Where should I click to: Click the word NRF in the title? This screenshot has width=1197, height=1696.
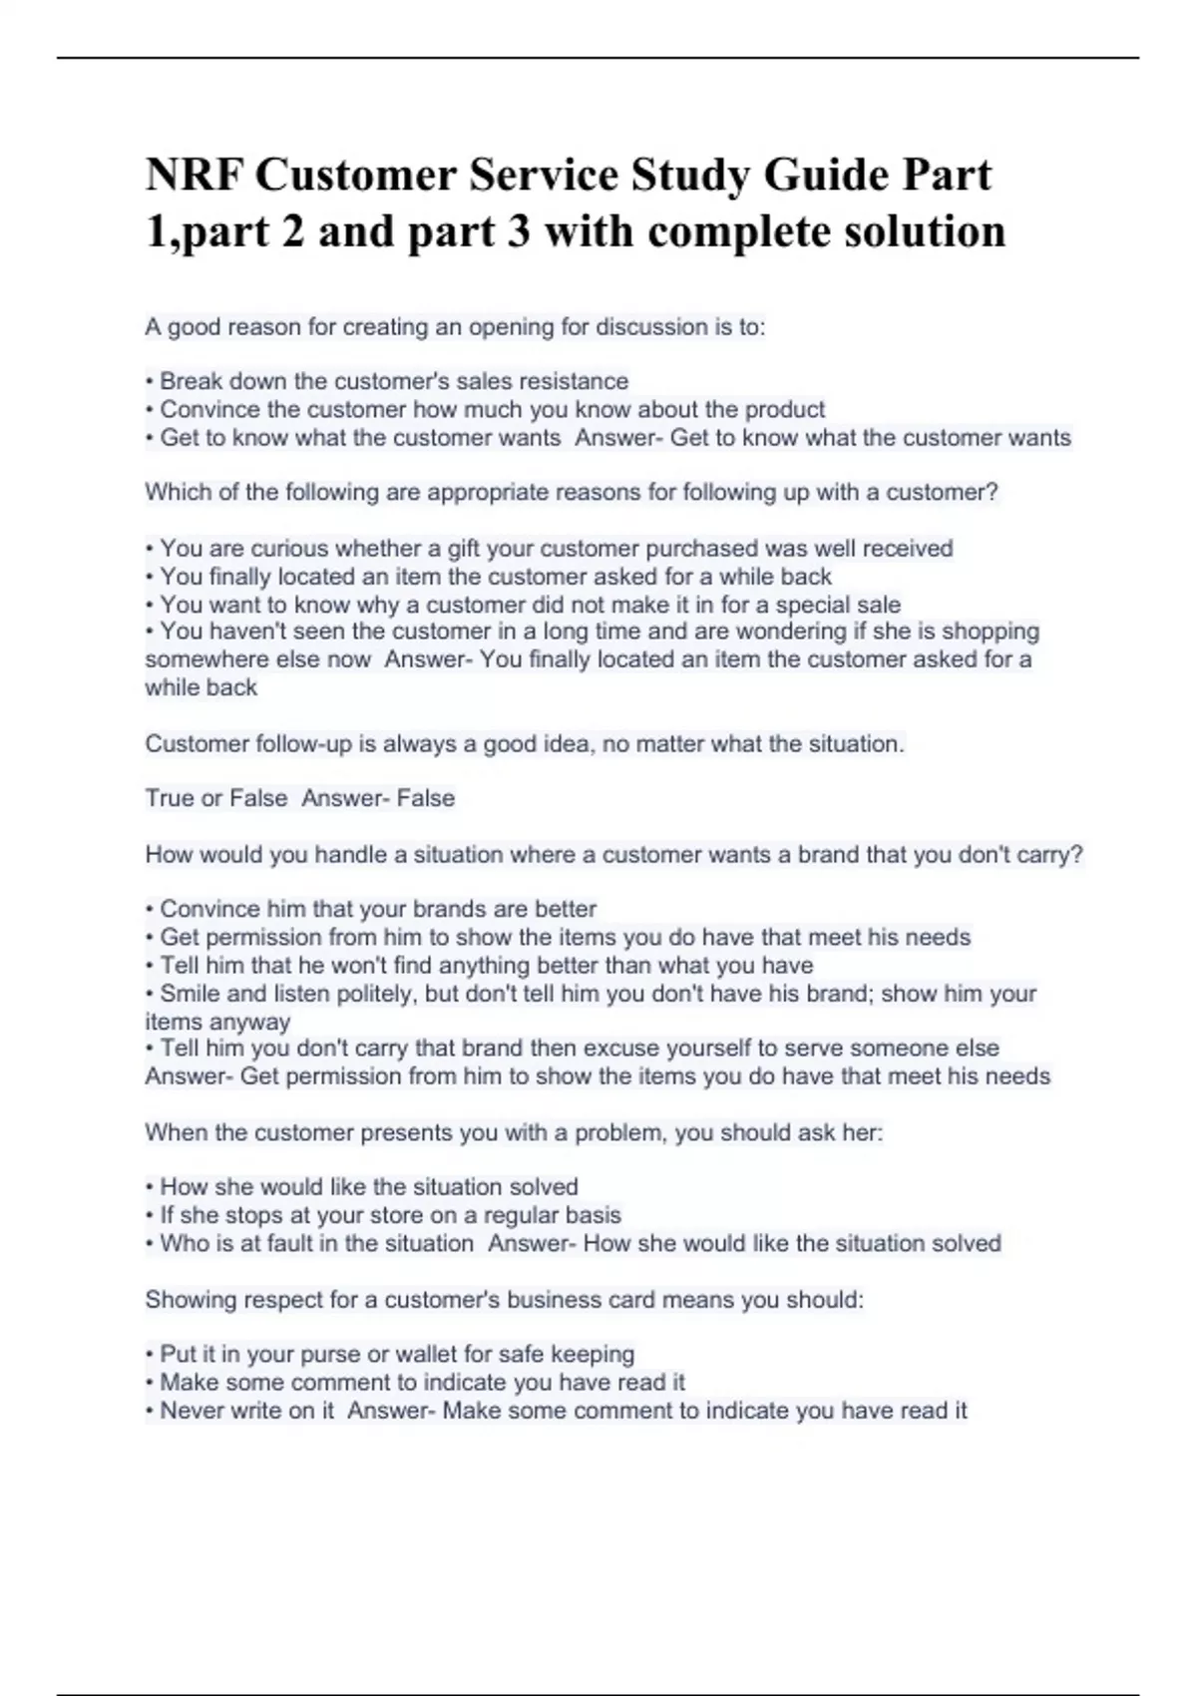194,176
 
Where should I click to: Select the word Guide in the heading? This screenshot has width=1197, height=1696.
826,176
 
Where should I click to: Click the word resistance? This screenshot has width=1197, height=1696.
580,381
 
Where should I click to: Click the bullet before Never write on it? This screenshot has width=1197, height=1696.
150,1412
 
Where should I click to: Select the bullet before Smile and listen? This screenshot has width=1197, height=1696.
150,995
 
